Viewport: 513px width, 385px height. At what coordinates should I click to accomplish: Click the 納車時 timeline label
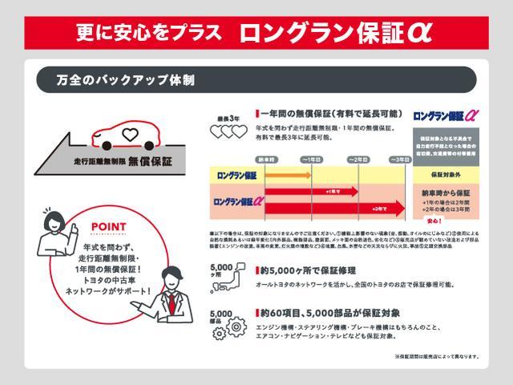[x=266, y=160]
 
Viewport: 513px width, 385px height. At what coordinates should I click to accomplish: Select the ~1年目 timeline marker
[x=310, y=160]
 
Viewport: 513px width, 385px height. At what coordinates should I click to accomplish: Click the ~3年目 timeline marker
[x=400, y=160]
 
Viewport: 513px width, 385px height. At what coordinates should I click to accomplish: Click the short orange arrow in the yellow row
[x=284, y=174]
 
